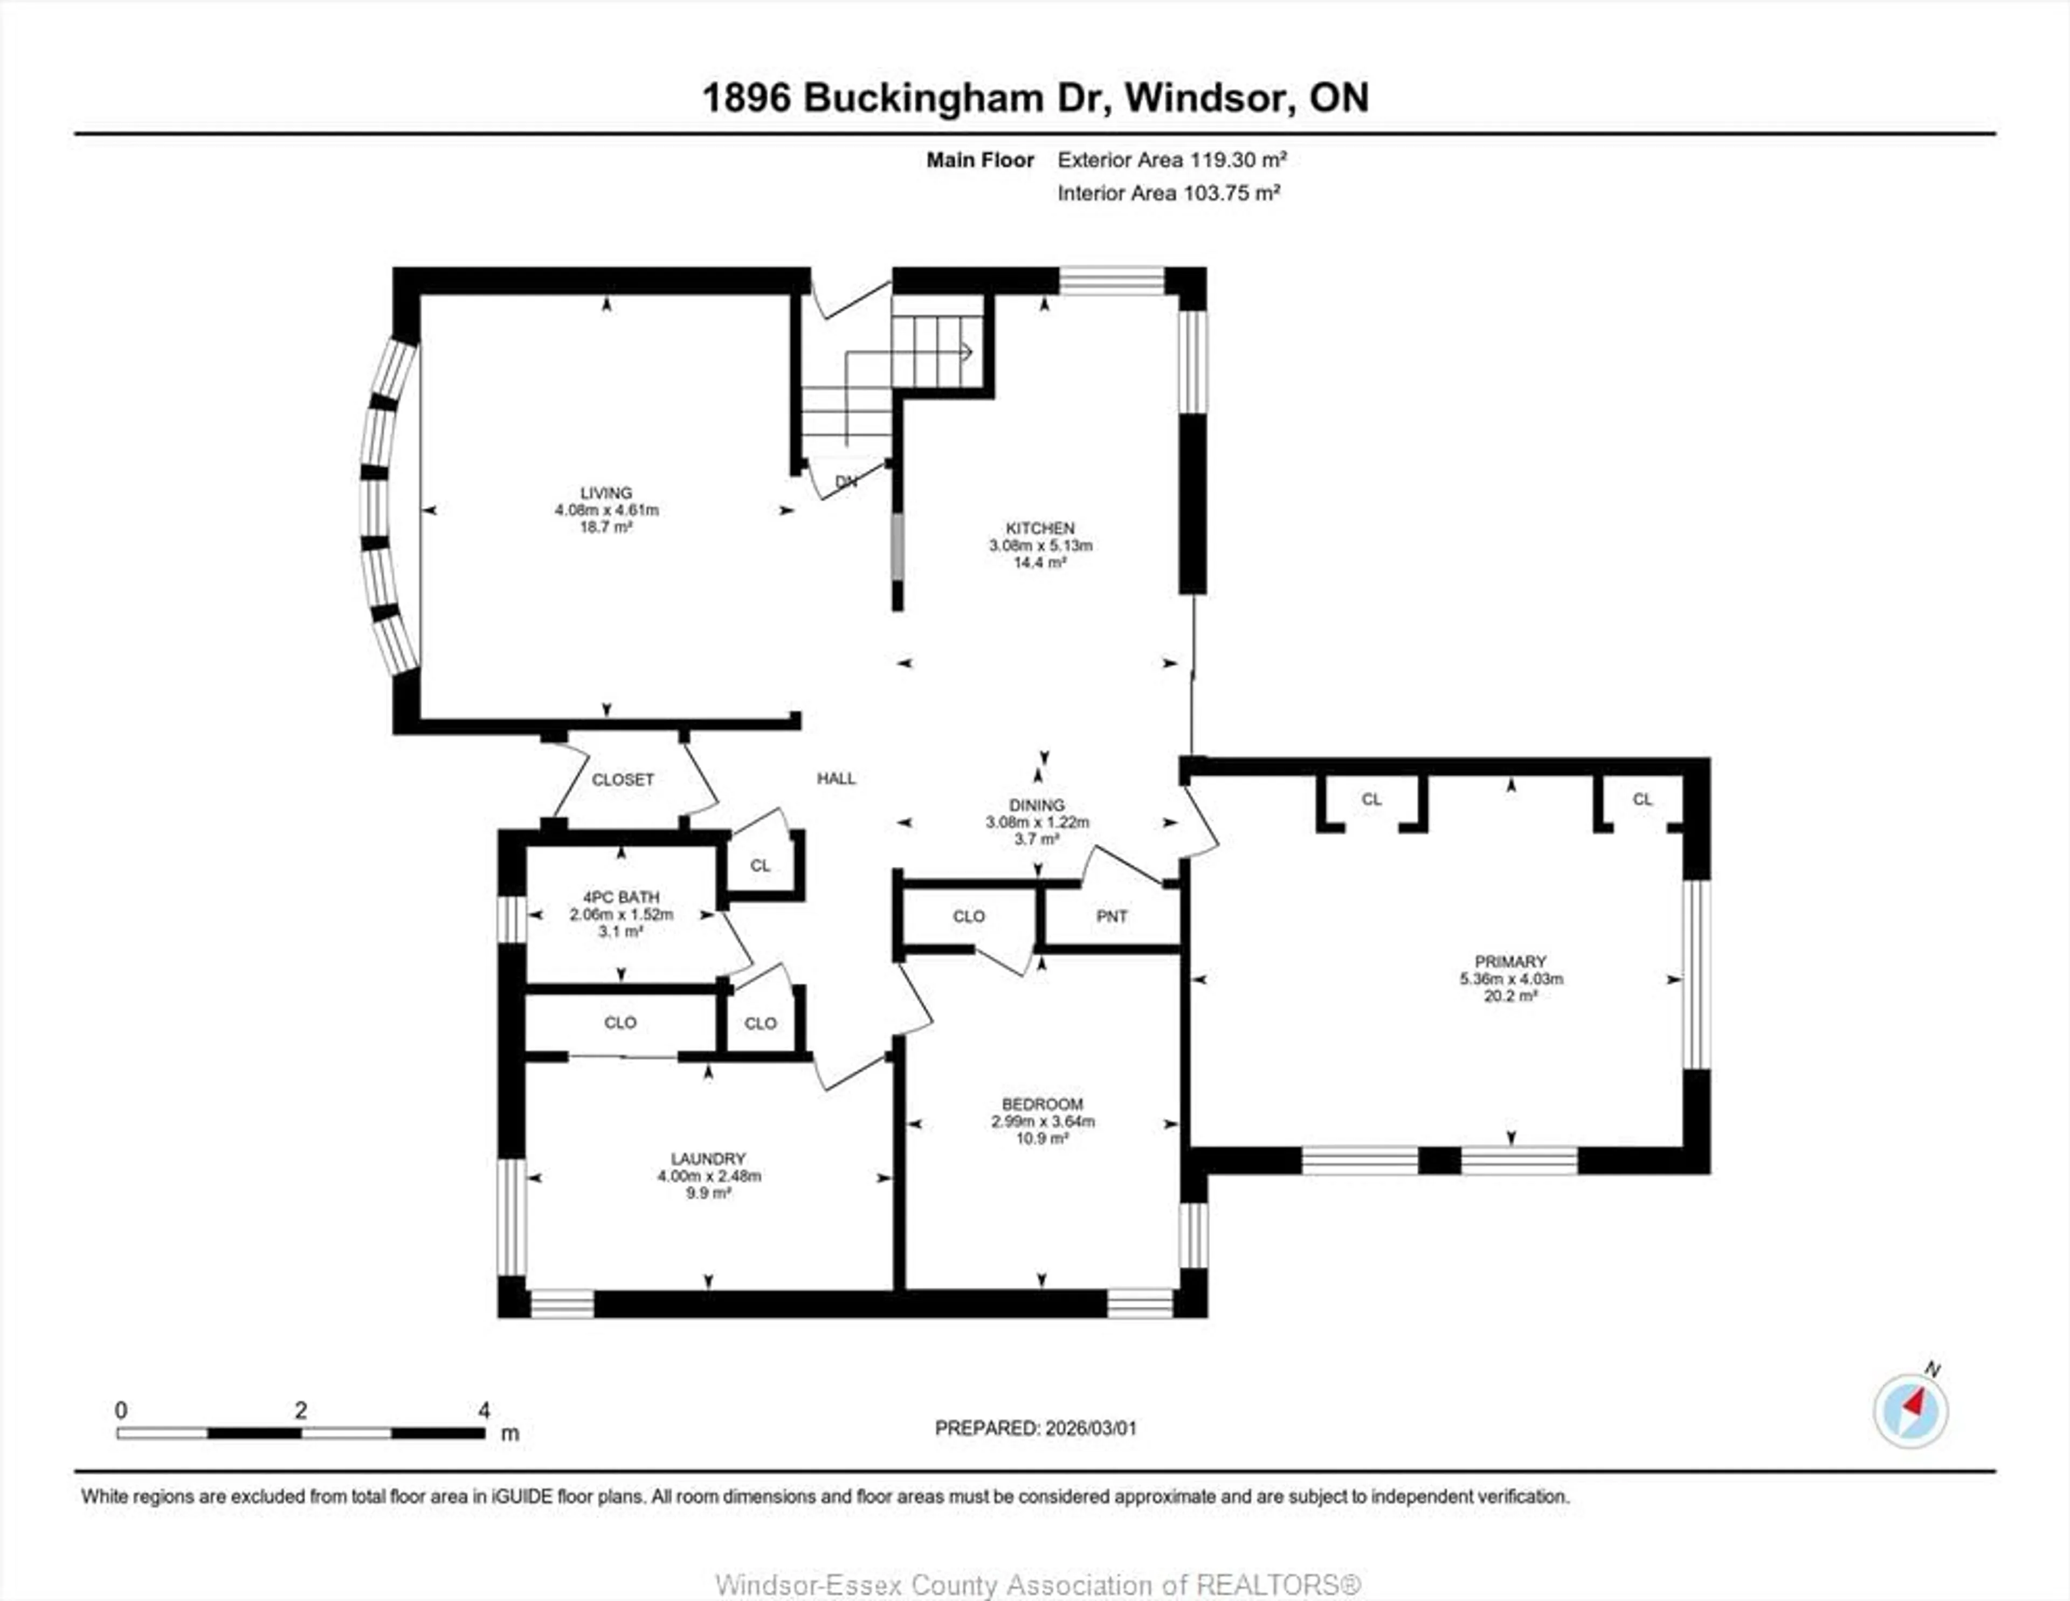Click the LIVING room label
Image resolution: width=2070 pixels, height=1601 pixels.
pos(606,493)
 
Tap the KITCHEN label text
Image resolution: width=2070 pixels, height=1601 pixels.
pos(1040,528)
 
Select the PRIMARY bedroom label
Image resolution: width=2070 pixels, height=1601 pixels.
pos(1510,961)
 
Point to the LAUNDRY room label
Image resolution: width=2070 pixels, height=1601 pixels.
pos(708,1158)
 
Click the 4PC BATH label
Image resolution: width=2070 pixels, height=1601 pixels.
pos(621,896)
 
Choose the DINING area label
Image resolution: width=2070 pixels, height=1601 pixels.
pos(1037,805)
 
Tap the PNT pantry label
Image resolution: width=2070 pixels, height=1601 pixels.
pos(1112,916)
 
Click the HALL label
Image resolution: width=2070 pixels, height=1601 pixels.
pos(836,778)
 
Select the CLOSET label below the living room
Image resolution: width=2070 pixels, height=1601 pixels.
pos(623,779)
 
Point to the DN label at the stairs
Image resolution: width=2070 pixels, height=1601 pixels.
pos(845,481)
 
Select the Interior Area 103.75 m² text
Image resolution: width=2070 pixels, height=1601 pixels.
pos(1169,194)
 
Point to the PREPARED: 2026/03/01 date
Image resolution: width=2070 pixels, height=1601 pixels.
pos(1035,1427)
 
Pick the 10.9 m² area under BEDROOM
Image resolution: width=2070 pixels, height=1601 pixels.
pos(1041,1138)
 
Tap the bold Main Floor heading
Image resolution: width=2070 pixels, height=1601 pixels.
pos(979,160)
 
